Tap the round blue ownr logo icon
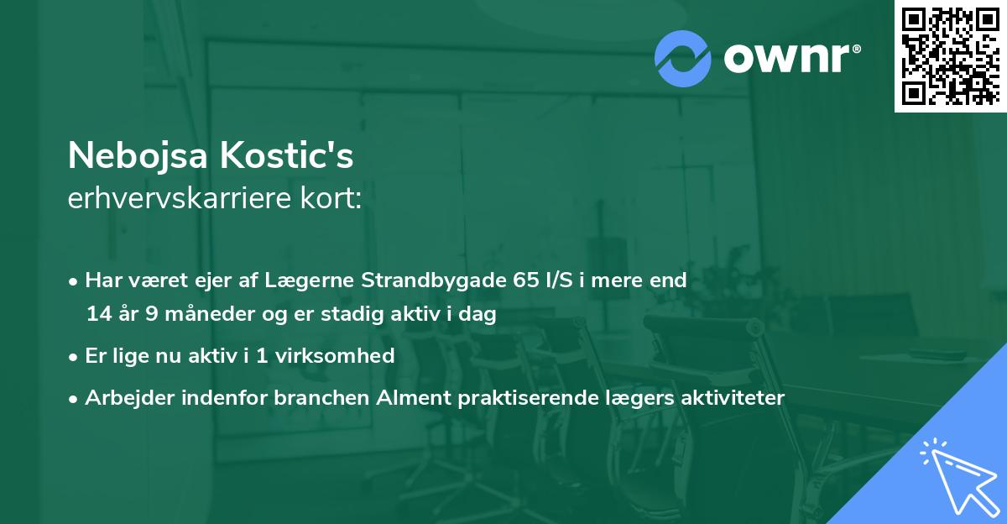(x=683, y=59)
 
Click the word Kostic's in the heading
(x=304, y=156)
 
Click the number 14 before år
(x=97, y=315)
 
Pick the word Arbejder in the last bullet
(x=124, y=397)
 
